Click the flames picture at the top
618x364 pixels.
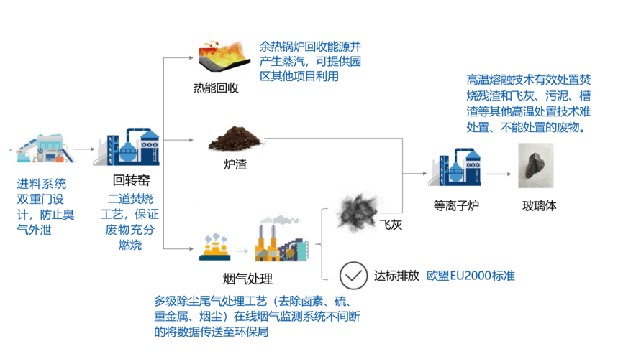[x=224, y=55]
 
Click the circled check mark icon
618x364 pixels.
[x=353, y=274]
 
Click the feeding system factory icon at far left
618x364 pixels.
[x=45, y=149]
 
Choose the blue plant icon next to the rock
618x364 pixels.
[x=454, y=167]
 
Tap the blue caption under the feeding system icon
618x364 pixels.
[x=45, y=207]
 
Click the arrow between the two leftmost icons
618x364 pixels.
[x=85, y=150]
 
